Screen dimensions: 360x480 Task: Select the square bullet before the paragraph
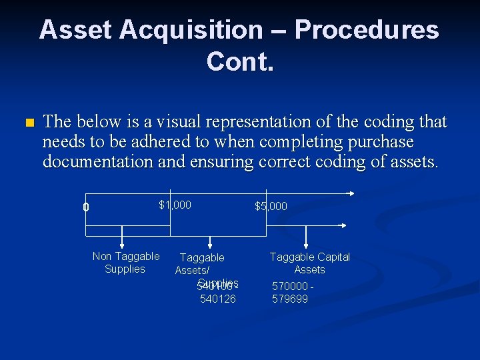27,123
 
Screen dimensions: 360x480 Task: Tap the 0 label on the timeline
85,207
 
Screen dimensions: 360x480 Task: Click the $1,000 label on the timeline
175,205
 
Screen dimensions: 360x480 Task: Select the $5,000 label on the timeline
271,206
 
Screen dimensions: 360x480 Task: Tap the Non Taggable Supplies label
125,263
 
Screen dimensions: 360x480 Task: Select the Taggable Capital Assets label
309,263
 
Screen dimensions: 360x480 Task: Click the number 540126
217,299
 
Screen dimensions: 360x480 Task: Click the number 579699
290,299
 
